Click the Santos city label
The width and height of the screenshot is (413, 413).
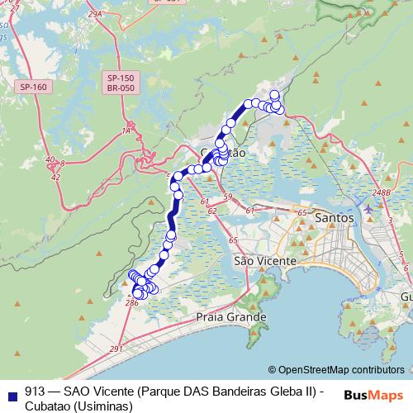coord(335,217)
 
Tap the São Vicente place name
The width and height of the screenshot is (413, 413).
coord(264,261)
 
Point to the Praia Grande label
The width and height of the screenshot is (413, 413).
coord(231,316)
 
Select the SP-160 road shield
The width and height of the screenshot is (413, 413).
coord(34,86)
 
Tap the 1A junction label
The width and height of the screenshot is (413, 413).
coord(126,131)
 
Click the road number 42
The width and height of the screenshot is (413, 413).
coord(55,177)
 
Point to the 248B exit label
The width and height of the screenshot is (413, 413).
coord(381,192)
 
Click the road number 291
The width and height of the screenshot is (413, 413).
coord(115,349)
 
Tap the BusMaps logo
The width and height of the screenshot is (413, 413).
coord(373,394)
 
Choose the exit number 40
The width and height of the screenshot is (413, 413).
coord(50,159)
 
